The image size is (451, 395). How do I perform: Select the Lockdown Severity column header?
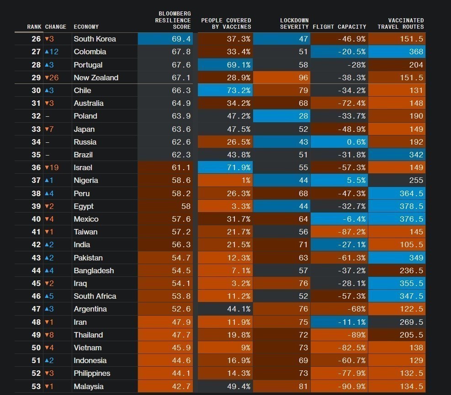pyautogui.click(x=294, y=24)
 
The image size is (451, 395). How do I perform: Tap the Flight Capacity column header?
pyautogui.click(x=340, y=27)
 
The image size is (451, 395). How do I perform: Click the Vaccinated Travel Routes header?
pyautogui.click(x=401, y=24)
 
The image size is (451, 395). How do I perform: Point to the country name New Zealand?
pyautogui.click(x=96, y=78)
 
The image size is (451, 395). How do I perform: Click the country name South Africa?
pyautogui.click(x=95, y=296)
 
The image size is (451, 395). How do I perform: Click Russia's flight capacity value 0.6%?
pyautogui.click(x=340, y=142)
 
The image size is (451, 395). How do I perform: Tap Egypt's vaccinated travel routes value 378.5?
pyautogui.click(x=397, y=206)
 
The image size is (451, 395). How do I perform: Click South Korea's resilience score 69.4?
pyautogui.click(x=165, y=39)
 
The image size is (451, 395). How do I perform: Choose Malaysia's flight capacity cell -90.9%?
pyautogui.click(x=340, y=386)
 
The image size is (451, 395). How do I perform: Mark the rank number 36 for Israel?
pyautogui.click(x=36, y=167)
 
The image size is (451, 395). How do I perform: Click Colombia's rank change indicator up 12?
pyautogui.click(x=52, y=52)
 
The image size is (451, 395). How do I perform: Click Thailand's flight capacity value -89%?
pyautogui.click(x=340, y=335)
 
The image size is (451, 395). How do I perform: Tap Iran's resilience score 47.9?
pyautogui.click(x=165, y=322)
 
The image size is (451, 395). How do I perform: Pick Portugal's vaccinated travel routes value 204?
pyautogui.click(x=397, y=65)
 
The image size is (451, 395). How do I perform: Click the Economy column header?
pyautogui.click(x=86, y=27)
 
